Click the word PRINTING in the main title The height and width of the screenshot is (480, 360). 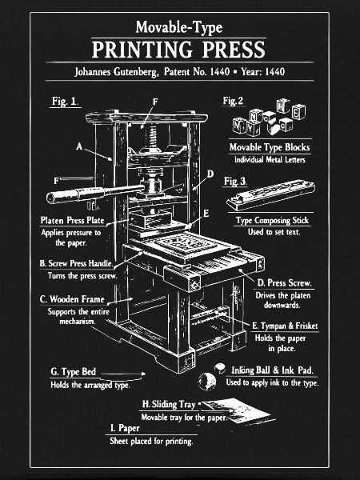point(142,50)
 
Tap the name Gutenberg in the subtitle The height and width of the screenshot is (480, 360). point(136,72)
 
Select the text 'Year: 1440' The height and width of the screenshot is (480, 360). point(263,72)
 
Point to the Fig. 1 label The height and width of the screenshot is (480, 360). point(64,102)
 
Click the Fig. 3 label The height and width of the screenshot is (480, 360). point(234,182)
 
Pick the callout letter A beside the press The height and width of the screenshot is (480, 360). point(79,146)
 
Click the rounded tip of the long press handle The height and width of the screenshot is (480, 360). point(50,198)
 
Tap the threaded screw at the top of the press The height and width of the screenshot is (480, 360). point(150,134)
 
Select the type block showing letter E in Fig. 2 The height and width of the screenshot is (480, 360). point(298,112)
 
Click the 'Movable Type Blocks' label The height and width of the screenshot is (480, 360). point(270,147)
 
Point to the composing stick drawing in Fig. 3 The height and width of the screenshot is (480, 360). point(270,194)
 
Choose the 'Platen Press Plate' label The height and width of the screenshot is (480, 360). point(72,221)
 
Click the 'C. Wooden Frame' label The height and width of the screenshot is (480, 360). point(72,299)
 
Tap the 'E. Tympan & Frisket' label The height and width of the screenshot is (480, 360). point(285,326)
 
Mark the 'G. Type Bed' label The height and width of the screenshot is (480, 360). point(73,372)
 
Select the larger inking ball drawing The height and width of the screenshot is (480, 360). point(207,381)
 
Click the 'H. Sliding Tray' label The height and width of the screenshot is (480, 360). point(169,404)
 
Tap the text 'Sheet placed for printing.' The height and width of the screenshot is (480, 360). point(151,441)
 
